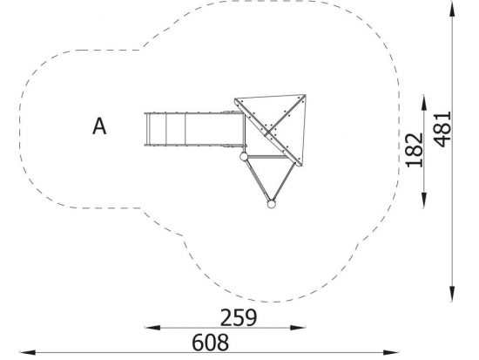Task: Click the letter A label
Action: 99,126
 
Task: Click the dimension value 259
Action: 239,318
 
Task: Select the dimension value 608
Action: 210,343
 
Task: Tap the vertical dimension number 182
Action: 415,150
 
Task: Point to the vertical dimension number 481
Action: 442,129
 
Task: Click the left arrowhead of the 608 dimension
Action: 28,352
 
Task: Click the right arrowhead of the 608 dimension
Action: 391,352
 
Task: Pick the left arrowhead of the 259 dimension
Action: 152,328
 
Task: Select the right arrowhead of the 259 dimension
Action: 298,328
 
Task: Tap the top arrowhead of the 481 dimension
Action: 452,10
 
